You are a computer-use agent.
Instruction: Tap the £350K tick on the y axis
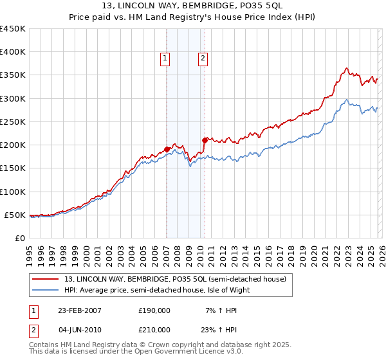pos(13,75)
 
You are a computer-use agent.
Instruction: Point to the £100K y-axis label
pos(13,192)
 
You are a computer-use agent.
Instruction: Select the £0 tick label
pos(19,238)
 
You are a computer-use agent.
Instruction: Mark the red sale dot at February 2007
pos(167,149)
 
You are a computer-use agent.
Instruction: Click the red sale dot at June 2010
pos(205,140)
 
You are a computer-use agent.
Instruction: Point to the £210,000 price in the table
pos(154,329)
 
